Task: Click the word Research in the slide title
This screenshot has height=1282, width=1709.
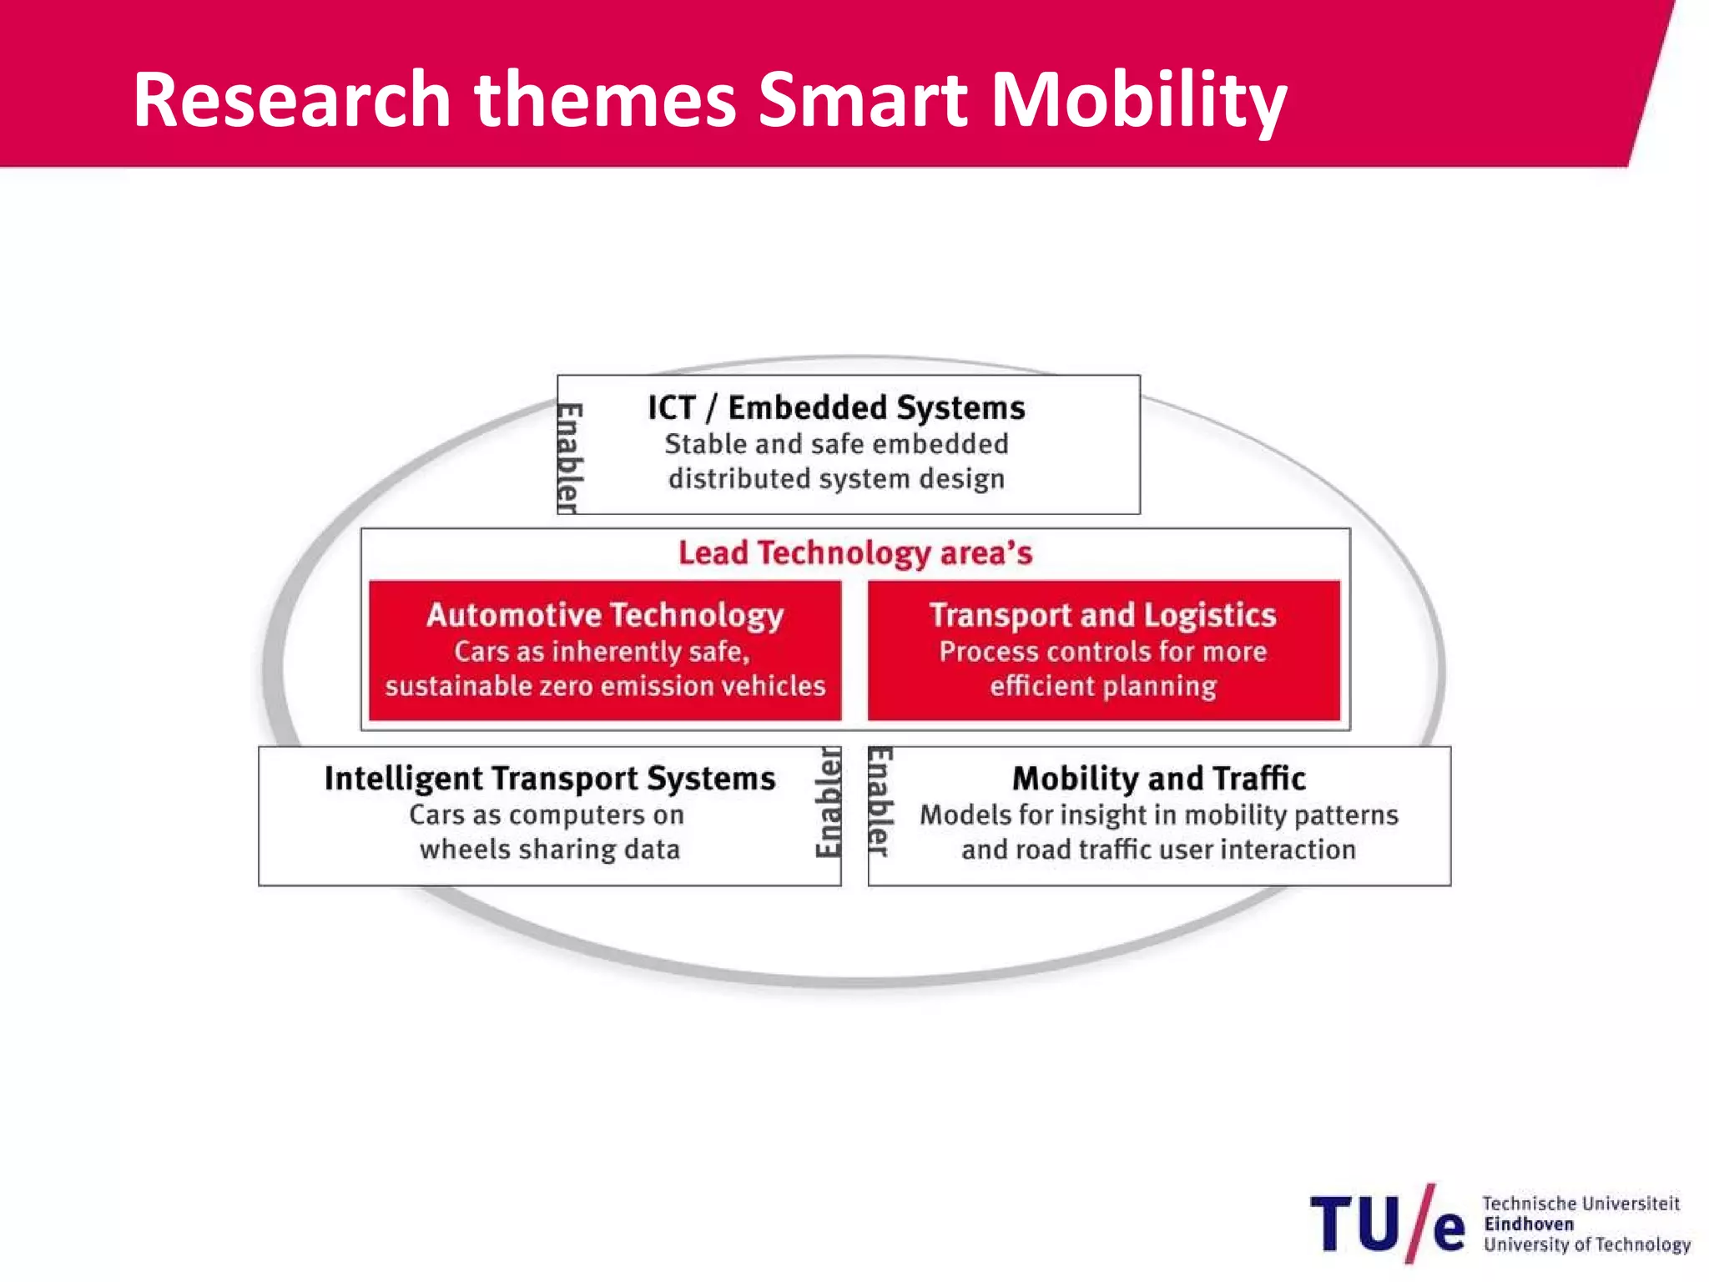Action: (291, 100)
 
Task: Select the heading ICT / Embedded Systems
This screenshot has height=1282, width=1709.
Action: (836, 408)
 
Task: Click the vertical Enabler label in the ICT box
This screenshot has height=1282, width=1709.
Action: (569, 457)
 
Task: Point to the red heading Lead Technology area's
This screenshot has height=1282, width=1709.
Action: (855, 553)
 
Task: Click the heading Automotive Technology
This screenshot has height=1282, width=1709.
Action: (605, 615)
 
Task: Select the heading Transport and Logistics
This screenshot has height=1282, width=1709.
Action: (1102, 615)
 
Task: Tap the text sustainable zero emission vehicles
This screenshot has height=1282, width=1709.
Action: (605, 686)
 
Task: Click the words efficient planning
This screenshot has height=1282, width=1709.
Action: (1102, 686)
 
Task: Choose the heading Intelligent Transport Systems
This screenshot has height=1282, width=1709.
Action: (550, 779)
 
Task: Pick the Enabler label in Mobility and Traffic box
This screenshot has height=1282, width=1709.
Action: (880, 801)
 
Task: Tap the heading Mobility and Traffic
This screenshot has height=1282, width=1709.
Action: (1158, 779)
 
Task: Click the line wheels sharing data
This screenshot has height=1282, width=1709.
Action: (550, 850)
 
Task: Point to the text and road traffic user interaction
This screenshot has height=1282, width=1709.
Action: (1158, 850)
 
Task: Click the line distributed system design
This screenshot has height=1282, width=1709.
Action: (836, 479)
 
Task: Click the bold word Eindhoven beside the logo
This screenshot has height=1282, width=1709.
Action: (1529, 1224)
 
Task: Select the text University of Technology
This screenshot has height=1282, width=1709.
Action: (1586, 1244)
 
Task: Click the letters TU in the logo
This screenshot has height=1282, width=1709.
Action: (1355, 1224)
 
